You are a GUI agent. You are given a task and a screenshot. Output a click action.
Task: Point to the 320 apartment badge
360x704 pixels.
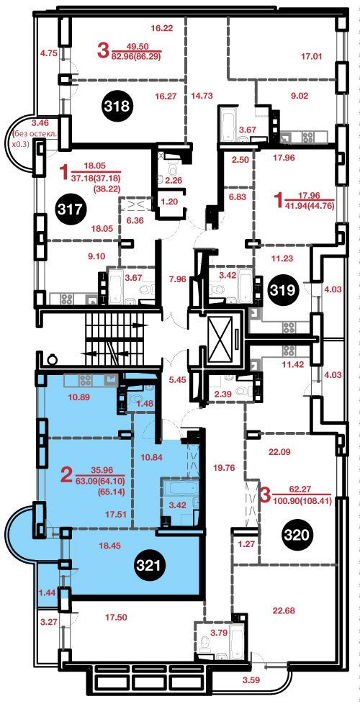(297, 534)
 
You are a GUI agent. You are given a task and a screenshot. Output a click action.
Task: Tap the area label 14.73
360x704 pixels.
(201, 95)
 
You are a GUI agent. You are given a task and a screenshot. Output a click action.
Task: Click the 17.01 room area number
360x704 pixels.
(312, 57)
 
